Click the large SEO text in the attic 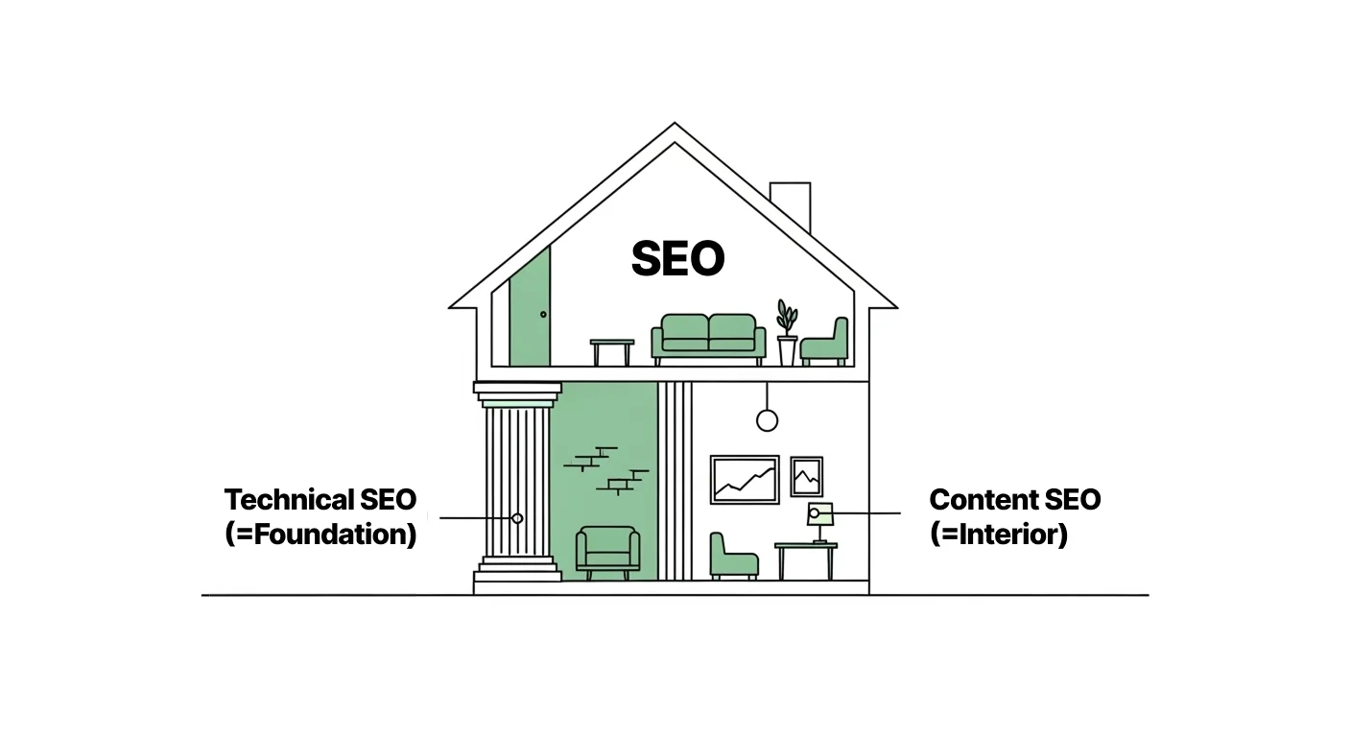point(677,259)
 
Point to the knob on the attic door point(543,315)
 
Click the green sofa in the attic point(709,339)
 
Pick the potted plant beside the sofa point(787,331)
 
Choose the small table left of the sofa point(611,350)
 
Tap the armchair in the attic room point(825,343)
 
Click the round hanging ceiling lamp point(767,419)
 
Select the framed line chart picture point(745,479)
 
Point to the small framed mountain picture point(806,477)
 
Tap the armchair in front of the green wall point(607,552)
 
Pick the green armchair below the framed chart point(733,557)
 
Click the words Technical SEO point(320,500)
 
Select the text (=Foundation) point(320,535)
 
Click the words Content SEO point(1015,500)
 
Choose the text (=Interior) point(999,535)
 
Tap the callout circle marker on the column point(517,518)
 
